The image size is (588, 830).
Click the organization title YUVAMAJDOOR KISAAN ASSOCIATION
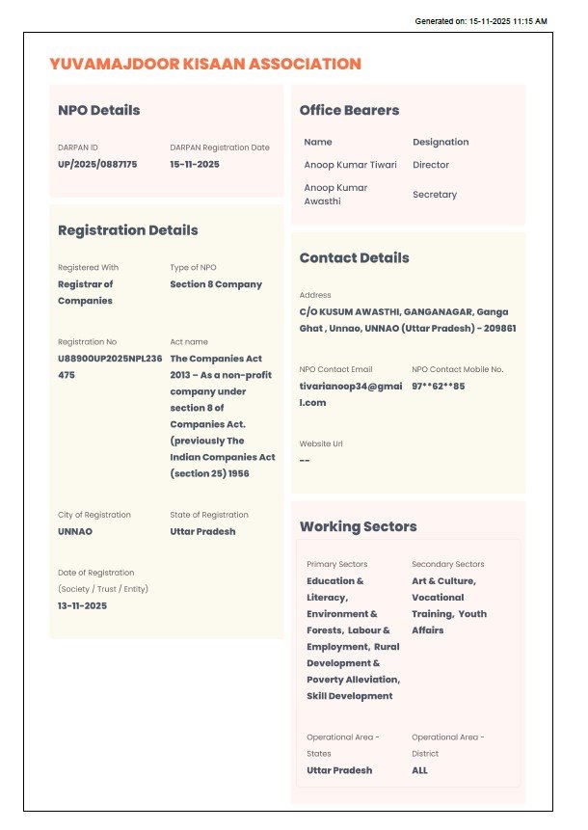[x=204, y=65]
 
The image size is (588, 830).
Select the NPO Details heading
[x=98, y=110]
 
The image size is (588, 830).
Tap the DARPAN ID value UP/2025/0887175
[x=97, y=164]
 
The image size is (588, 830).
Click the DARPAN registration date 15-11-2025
[x=195, y=164]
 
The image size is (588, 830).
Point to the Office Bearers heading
[x=349, y=110]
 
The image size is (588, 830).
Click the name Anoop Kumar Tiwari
[x=350, y=165]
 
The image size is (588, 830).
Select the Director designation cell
[x=431, y=165]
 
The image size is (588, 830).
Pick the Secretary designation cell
[x=435, y=195]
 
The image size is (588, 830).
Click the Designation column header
[x=441, y=142]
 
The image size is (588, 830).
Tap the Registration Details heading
[x=127, y=230]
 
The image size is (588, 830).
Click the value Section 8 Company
[x=216, y=284]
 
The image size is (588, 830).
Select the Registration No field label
[x=87, y=342]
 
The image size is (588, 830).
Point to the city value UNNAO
[x=75, y=531]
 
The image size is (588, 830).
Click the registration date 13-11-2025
[x=82, y=605]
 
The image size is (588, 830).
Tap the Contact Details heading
[x=354, y=258]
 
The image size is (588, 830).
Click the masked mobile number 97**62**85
[x=438, y=386]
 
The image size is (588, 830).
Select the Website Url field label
[x=321, y=443]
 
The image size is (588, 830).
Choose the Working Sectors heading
[x=358, y=526]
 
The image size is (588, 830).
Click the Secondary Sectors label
[x=447, y=564]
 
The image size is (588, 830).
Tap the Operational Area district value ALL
[x=419, y=770]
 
